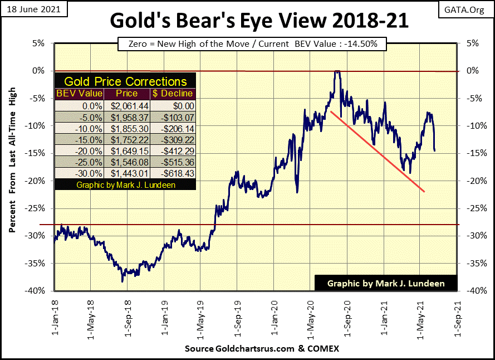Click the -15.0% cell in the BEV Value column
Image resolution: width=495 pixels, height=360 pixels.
[75, 139]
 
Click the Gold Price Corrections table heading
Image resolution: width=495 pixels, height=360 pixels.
[125, 81]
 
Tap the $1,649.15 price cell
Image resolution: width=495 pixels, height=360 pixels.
[125, 151]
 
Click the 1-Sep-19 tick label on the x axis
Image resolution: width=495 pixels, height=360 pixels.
[237, 315]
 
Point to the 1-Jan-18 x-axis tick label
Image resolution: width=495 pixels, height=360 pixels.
[55, 315]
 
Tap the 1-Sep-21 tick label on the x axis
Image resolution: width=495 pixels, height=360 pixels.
[457, 315]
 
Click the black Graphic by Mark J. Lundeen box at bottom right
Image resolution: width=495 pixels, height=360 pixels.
[386, 283]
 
